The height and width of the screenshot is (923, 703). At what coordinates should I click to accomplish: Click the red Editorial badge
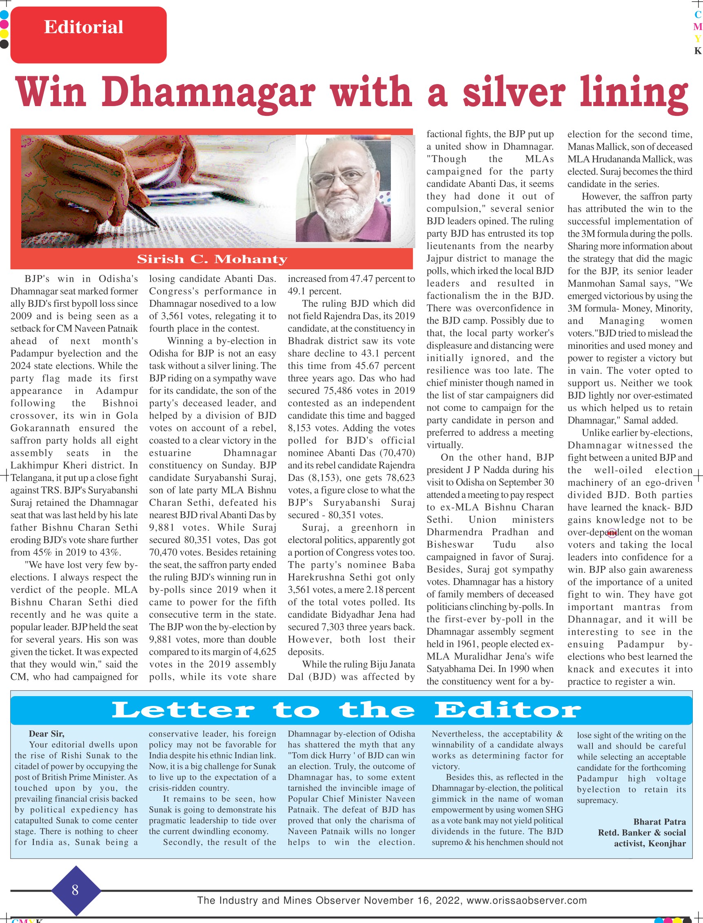tap(88, 34)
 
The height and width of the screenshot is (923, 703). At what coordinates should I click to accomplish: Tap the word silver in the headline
tap(514, 93)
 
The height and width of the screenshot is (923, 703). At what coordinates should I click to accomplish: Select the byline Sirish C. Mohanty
tap(212, 260)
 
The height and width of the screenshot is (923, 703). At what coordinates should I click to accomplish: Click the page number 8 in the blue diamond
tap(75, 890)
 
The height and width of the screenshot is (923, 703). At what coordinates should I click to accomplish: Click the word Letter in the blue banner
tap(183, 710)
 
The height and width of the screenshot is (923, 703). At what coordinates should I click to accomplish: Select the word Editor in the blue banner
tap(508, 710)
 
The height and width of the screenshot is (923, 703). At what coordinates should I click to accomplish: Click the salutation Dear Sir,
tap(47, 734)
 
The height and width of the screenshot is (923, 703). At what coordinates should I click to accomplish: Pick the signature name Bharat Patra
tap(659, 822)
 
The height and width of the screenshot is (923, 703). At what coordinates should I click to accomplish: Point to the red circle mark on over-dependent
tap(612, 532)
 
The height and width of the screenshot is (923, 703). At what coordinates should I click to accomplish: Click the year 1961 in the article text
tap(489, 644)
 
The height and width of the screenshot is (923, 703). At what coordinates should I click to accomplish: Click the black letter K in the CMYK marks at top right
tap(697, 51)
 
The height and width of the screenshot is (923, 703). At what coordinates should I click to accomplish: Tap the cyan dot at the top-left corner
tap(4, 15)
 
